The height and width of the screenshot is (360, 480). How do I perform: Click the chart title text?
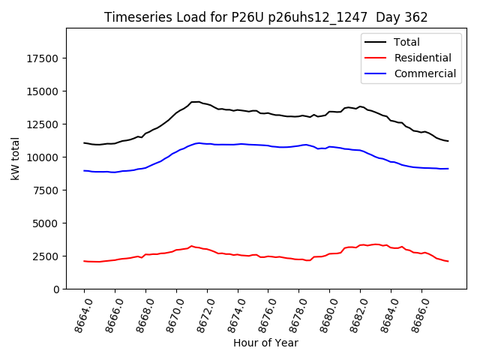[265, 17]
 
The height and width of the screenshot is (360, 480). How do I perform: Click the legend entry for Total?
[406, 42]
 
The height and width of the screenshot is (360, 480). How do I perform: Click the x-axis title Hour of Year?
[265, 343]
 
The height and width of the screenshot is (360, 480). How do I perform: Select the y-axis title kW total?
[15, 158]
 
